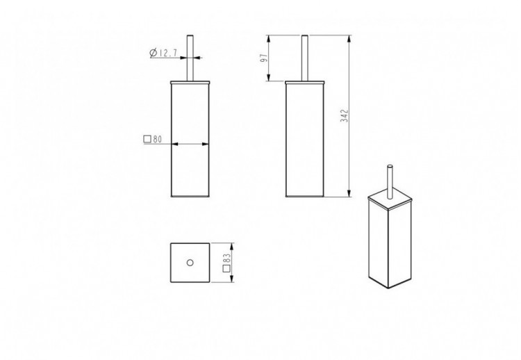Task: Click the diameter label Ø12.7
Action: pos(163,53)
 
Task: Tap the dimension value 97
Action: pos(264,58)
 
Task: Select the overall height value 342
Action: pos(345,115)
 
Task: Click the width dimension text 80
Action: pos(158,139)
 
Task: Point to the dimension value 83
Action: pos(226,258)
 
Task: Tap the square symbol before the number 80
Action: pos(147,139)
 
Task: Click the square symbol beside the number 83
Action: pos(226,268)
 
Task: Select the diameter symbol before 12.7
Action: pos(154,53)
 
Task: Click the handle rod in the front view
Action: pos(190,58)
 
